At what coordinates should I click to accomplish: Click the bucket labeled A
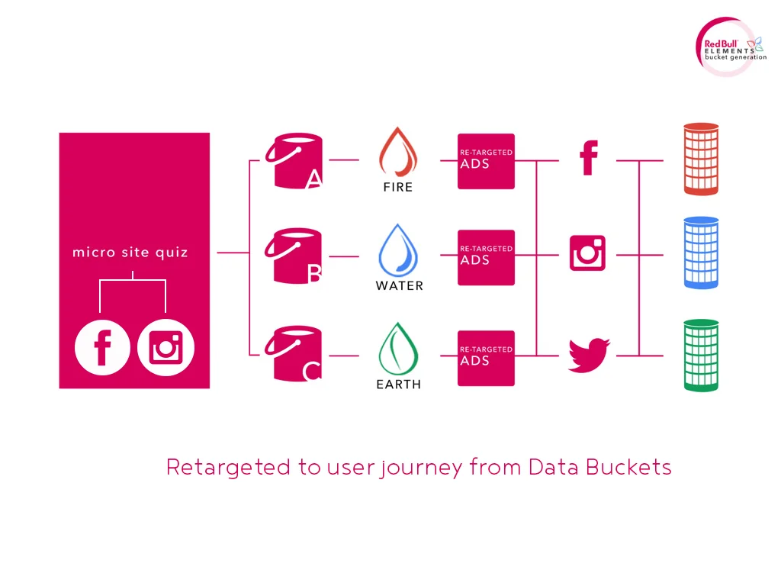(x=294, y=161)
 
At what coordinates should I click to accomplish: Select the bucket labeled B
(x=294, y=256)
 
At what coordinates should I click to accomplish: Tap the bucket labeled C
(x=294, y=355)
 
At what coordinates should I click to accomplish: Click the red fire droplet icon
(x=398, y=152)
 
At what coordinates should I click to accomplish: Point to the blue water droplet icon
(x=398, y=249)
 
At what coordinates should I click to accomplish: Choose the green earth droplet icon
(x=398, y=348)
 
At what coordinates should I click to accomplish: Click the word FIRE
(x=398, y=187)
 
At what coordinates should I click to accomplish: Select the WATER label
(x=399, y=286)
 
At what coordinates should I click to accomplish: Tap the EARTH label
(x=398, y=385)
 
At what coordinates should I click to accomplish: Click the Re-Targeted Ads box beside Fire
(x=486, y=161)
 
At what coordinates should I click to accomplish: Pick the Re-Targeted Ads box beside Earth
(x=486, y=358)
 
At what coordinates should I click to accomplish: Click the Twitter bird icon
(x=589, y=354)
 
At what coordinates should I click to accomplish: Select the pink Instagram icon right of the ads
(x=588, y=253)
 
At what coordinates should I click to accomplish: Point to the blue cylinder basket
(x=701, y=253)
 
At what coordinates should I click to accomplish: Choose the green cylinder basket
(x=701, y=355)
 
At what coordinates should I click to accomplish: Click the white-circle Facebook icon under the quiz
(x=102, y=349)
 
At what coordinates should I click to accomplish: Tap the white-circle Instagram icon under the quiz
(x=166, y=349)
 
